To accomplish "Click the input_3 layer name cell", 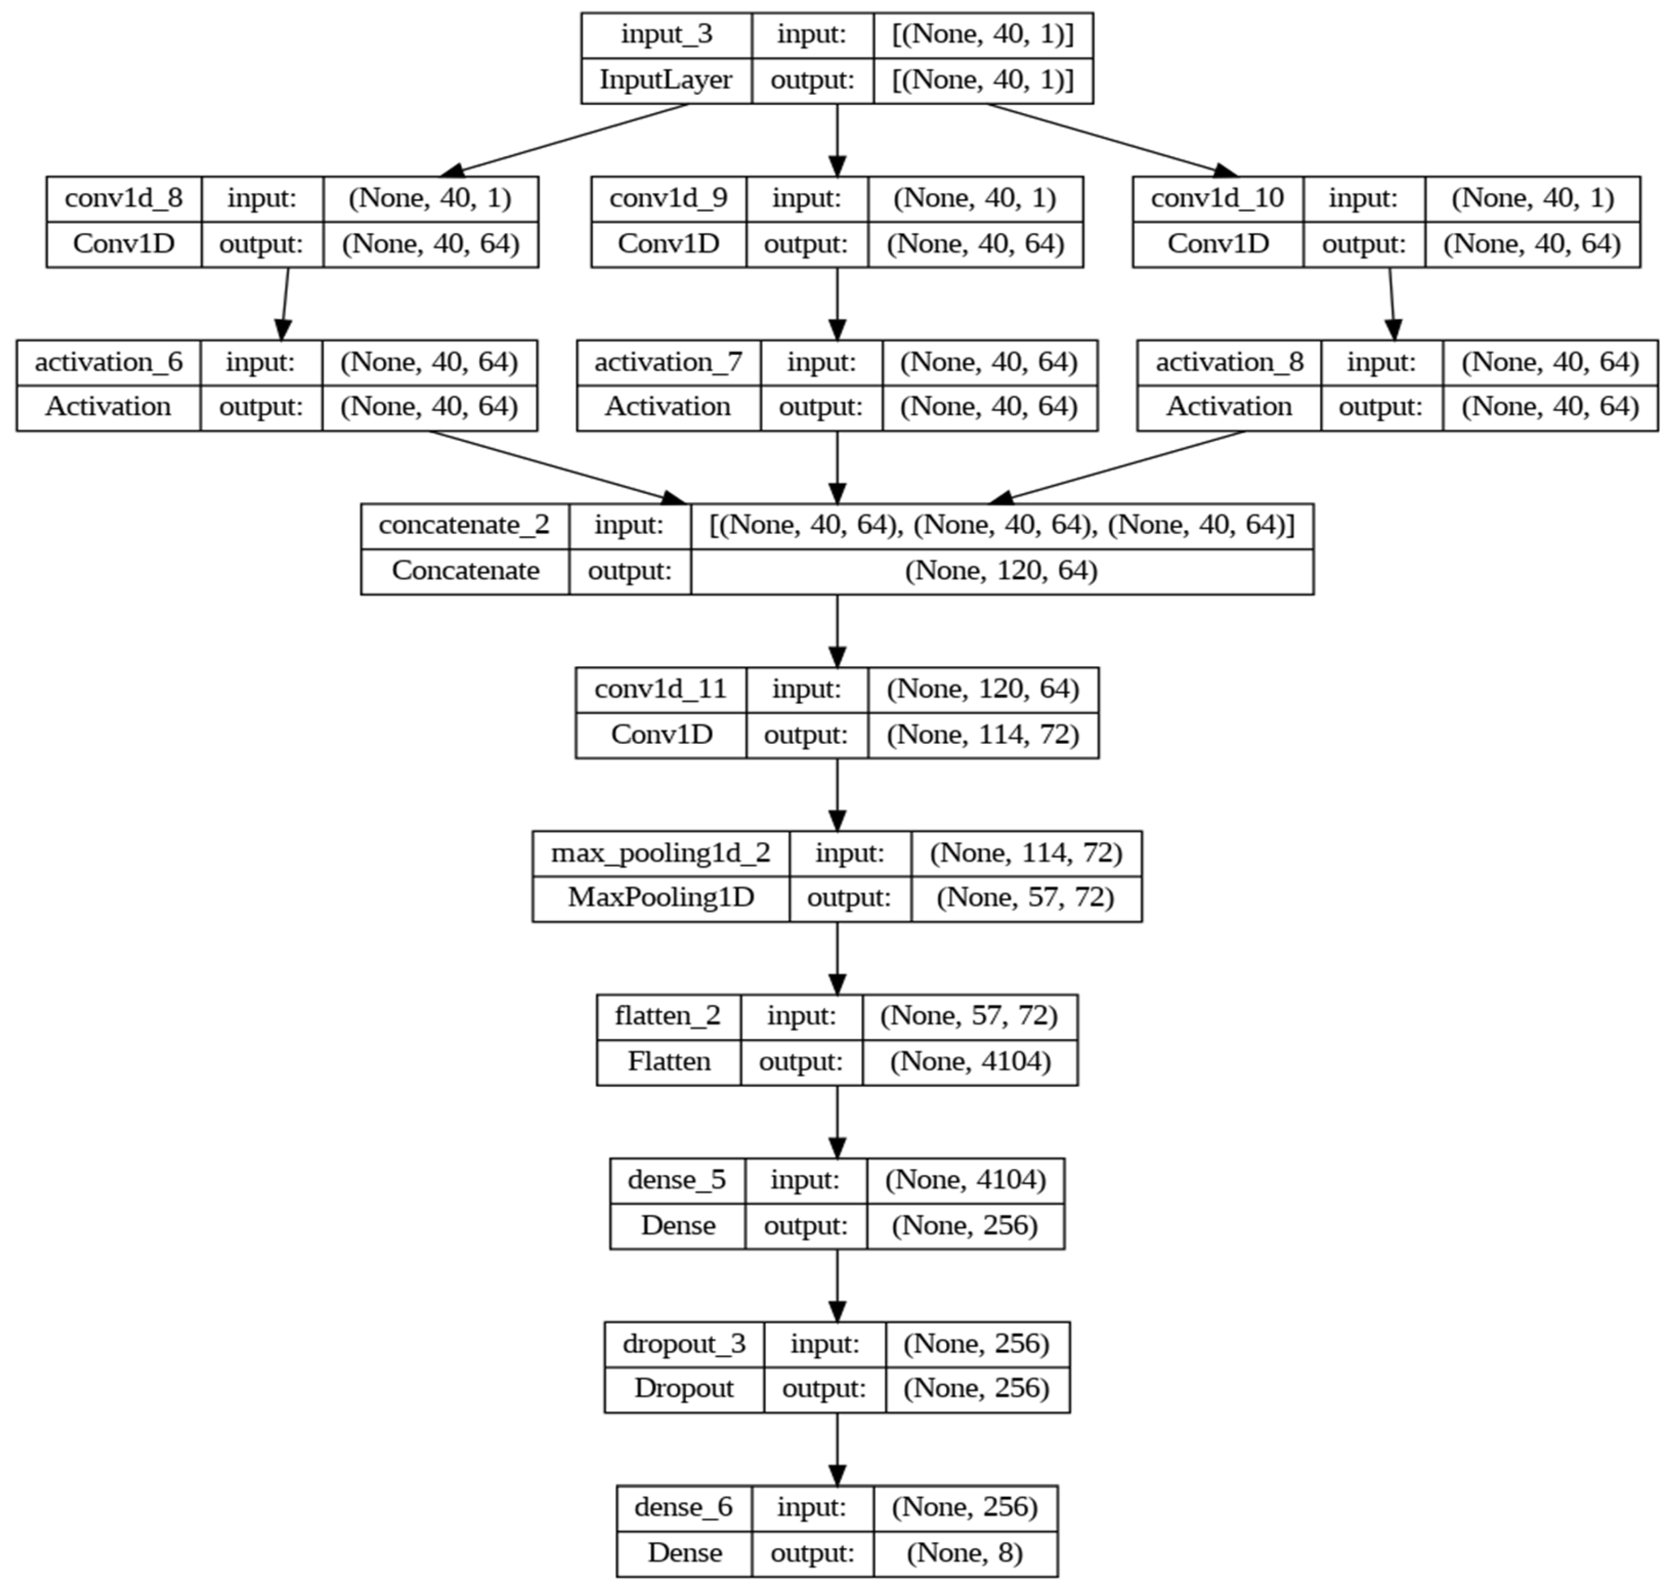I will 667,35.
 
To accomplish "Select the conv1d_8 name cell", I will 124,198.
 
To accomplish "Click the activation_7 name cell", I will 668,362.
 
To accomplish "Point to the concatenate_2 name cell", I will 464,525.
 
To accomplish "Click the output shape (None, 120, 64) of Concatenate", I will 1001,571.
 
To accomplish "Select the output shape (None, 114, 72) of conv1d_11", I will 983,734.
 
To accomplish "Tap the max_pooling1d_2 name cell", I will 661,853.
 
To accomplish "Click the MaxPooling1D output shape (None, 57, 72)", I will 1025,898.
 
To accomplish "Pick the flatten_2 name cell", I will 668,1015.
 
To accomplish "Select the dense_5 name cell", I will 677,1180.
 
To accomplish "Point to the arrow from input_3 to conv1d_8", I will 567,140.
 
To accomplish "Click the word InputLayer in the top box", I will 666,81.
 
